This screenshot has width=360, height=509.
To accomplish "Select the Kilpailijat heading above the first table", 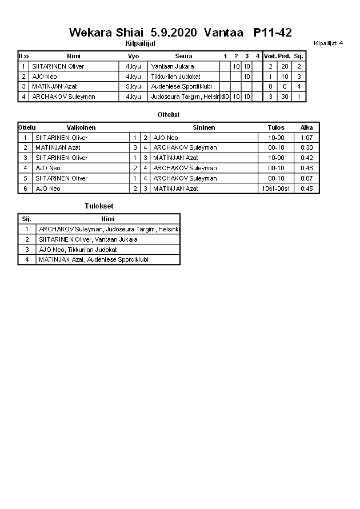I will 140,43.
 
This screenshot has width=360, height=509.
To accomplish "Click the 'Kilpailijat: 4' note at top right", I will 329,43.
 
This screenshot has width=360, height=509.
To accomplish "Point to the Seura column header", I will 183,56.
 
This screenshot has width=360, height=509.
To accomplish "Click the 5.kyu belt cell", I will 133,86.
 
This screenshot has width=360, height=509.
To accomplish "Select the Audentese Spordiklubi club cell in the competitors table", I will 177,86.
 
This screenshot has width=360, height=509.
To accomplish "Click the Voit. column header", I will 270,56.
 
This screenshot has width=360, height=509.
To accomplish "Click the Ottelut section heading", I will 169,115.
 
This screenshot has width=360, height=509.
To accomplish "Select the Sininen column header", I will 203,127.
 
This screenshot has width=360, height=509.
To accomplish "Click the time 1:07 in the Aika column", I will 306,138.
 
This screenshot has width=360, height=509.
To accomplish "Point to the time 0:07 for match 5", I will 306,178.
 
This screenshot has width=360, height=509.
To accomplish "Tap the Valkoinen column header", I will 81,127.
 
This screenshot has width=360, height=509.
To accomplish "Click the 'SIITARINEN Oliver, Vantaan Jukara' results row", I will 88,239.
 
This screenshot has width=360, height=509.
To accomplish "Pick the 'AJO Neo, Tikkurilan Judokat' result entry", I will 78,250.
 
